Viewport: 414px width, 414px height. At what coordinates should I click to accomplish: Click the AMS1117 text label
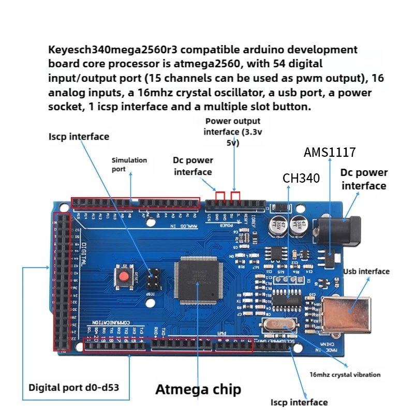330,153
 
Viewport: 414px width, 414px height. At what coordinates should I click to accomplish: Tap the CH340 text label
301,179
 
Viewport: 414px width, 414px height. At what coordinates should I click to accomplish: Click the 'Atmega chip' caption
198,389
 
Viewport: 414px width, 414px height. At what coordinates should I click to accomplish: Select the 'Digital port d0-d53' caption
78,387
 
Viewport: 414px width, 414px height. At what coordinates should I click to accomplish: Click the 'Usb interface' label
366,271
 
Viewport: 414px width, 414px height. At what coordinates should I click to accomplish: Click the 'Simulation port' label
129,165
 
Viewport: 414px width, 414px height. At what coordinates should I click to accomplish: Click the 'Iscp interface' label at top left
79,137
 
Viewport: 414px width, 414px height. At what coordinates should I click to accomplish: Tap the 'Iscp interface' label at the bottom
299,402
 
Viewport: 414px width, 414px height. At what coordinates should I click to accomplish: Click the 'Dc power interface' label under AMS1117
364,179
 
